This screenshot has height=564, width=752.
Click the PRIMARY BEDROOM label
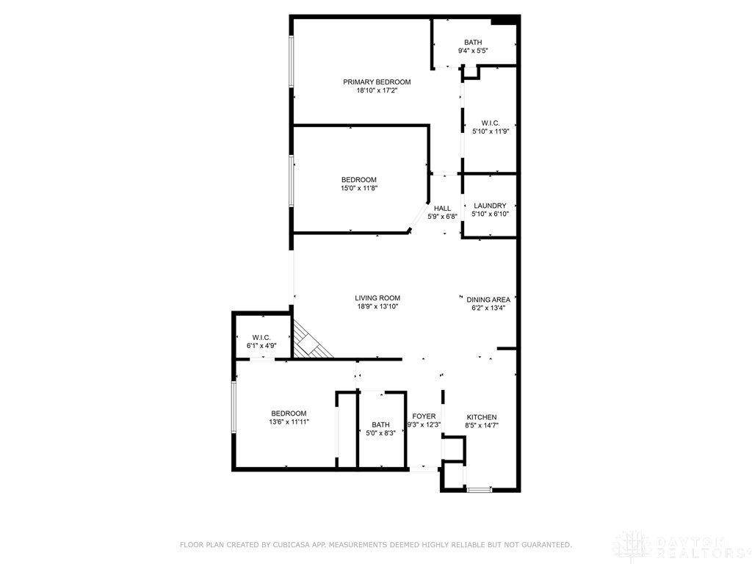point(377,82)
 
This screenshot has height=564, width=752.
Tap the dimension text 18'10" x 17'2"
point(377,90)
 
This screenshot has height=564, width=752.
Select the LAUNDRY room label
point(490,206)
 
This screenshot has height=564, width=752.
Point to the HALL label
point(442,208)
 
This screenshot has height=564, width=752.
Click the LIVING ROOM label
point(377,298)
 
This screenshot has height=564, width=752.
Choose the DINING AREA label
point(488,300)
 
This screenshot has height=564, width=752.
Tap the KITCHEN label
point(481,417)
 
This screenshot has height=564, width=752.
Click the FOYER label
point(424,416)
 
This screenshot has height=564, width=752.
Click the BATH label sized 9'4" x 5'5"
point(473,42)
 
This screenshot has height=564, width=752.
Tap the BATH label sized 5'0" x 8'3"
point(380,424)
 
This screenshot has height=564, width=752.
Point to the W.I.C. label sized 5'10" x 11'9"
point(491,123)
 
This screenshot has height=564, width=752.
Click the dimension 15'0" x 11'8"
point(358,188)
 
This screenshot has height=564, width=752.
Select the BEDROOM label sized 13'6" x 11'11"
point(289,413)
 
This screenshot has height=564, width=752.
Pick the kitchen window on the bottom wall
point(480,489)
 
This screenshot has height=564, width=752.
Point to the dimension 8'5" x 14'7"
point(481,425)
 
